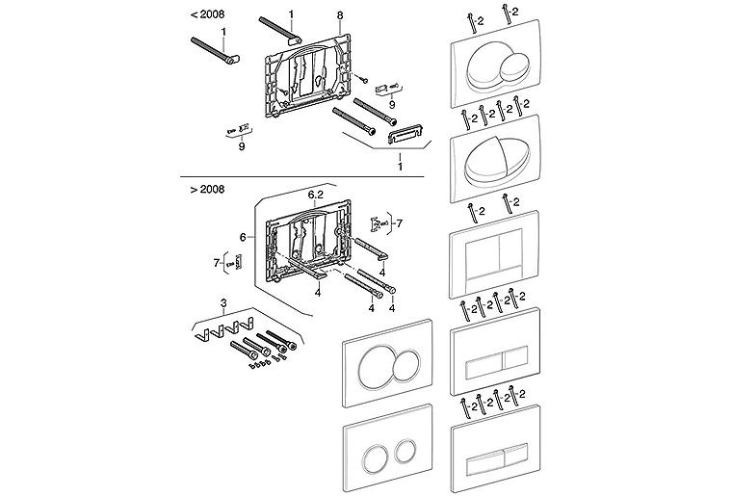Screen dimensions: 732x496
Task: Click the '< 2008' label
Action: [207, 14]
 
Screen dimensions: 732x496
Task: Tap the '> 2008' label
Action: [207, 190]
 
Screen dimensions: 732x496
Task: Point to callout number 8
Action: [340, 15]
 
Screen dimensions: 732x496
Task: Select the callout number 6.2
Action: [316, 196]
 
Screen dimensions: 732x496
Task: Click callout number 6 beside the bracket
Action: [243, 238]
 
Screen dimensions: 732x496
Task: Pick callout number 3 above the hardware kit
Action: [223, 303]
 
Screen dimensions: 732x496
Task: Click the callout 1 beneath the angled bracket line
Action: [400, 167]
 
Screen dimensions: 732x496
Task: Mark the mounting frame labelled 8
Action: [306, 77]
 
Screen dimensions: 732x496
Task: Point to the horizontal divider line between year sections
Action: [302, 177]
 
